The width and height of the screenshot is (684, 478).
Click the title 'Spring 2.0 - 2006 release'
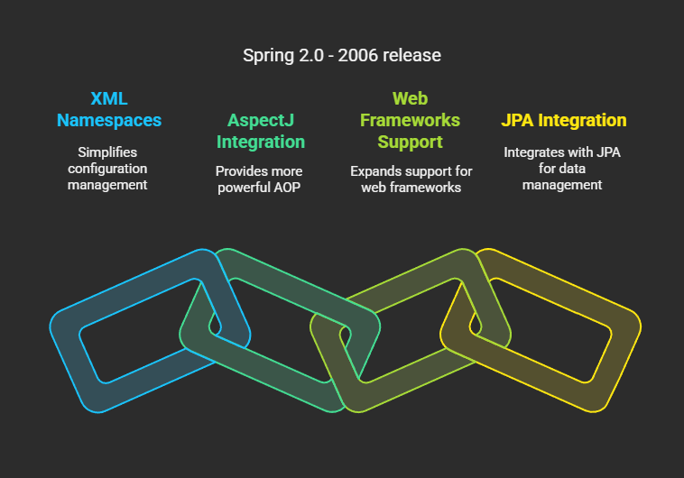pos(342,55)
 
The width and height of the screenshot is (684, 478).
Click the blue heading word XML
pos(109,98)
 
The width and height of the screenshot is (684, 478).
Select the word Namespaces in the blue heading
pos(109,120)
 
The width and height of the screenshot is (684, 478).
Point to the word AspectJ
pos(261,120)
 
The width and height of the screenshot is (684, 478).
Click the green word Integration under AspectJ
pos(261,142)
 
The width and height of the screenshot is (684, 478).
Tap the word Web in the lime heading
pos(410,98)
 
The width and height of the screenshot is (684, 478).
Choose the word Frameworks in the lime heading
pos(410,120)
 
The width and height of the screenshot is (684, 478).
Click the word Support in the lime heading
pos(410,142)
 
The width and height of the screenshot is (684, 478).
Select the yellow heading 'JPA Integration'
pos(564,120)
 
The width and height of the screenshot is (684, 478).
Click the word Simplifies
pos(107,152)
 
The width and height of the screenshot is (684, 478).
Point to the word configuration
pos(107,169)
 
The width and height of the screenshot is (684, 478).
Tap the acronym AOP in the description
pos(287,188)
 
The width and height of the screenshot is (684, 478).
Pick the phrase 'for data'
pos(562,169)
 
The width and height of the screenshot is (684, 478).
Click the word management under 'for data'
pos(562,185)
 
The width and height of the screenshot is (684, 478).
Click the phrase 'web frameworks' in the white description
pos(411,188)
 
